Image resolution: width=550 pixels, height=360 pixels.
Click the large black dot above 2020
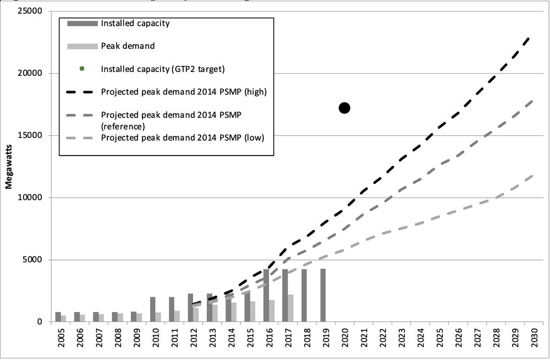click(344, 108)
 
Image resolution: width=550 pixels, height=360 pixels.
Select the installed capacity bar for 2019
click(323, 295)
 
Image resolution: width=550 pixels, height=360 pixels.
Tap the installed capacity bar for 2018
click(304, 295)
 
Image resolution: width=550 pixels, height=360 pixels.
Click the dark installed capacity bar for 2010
click(153, 309)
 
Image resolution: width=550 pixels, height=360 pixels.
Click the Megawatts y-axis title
click(9, 165)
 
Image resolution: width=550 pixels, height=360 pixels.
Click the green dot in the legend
click(82, 69)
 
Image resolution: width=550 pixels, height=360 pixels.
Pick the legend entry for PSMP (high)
click(184, 92)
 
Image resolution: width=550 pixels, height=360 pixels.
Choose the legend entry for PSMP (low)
click(183, 137)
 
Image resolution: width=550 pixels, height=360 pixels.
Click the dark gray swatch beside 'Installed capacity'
click(82, 23)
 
